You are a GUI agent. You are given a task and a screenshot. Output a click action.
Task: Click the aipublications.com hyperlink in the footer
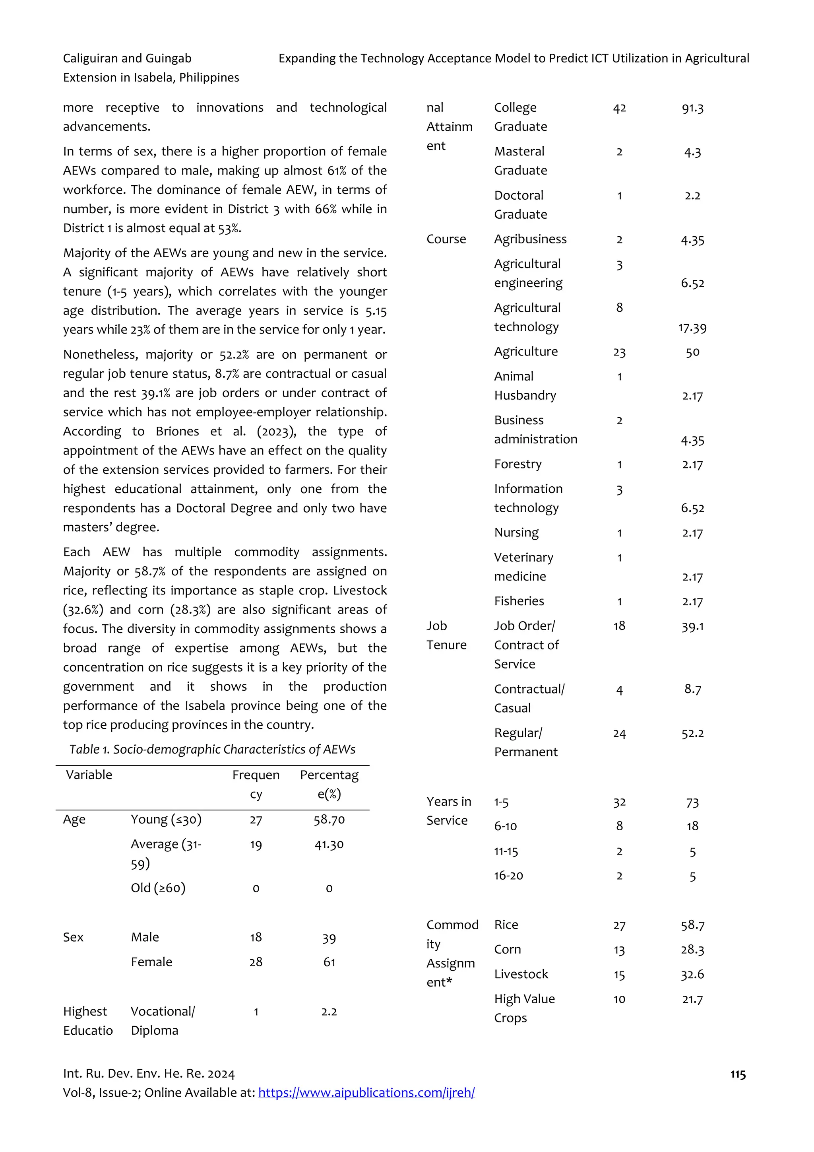[366, 1092]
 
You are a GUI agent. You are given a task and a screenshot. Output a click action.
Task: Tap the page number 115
[737, 1074]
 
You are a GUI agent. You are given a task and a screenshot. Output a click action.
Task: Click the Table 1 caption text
[212, 749]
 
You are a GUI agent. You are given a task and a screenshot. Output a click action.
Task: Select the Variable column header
[89, 775]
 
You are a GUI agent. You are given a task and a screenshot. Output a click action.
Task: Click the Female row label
[151, 962]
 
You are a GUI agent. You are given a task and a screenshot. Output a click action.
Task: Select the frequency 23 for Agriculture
[619, 352]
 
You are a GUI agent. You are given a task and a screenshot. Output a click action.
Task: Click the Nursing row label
[516, 532]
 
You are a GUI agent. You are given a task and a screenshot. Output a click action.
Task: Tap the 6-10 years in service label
[505, 826]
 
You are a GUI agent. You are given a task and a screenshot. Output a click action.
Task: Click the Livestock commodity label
[521, 974]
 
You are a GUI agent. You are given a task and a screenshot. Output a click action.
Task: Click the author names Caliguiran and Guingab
[128, 59]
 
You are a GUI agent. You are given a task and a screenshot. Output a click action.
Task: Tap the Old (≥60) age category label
[158, 888]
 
